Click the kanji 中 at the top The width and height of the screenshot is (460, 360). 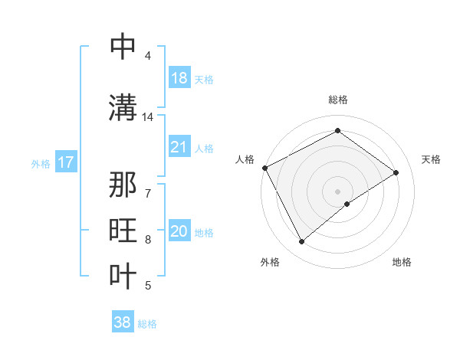tap(123, 47)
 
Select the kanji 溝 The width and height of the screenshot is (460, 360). tap(123, 108)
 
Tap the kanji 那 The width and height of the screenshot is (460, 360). tap(123, 187)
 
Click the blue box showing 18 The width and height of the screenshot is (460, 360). tap(179, 78)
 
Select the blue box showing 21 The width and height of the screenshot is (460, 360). tap(179, 148)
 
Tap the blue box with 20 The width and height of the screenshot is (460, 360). tap(179, 232)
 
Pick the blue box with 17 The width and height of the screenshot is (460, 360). tap(66, 162)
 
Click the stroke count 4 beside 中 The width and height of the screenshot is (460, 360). tap(147, 55)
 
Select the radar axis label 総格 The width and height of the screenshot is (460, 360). tap(338, 100)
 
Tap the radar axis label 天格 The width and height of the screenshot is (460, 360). tap(431, 159)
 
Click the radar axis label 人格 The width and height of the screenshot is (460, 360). tap(245, 159)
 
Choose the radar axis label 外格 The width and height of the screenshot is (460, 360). tap(270, 262)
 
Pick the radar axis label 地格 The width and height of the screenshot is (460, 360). tap(402, 262)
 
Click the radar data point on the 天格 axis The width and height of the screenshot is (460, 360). tap(396, 172)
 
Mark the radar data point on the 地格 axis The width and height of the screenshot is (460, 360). tap(347, 204)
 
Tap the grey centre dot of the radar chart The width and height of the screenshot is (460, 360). tap(338, 191)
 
